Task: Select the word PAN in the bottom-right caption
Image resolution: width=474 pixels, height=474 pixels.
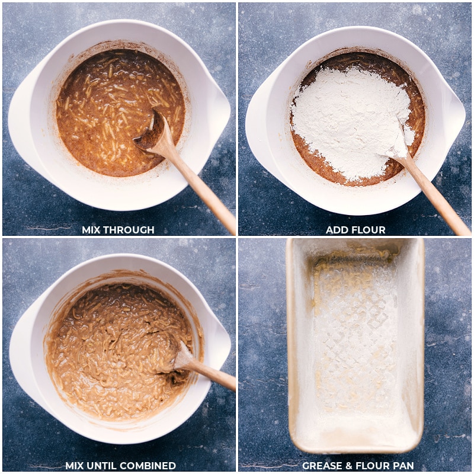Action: pyautogui.click(x=402, y=466)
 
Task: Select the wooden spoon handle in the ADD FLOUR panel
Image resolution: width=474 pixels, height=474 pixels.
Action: pyautogui.click(x=435, y=196)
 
